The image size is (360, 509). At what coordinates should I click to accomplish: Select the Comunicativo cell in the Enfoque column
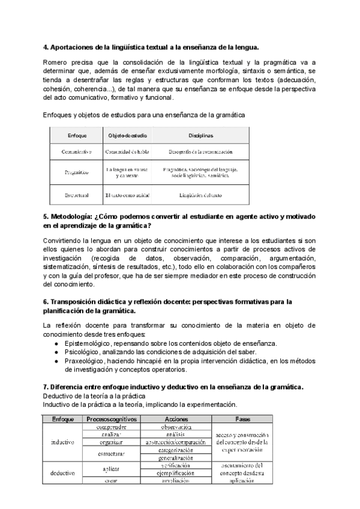76,152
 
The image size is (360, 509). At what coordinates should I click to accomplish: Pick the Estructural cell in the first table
76,194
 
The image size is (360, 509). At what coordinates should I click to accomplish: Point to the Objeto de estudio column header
127,136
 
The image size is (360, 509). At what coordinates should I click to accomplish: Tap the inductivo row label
62,442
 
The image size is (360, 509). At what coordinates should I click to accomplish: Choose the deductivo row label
62,472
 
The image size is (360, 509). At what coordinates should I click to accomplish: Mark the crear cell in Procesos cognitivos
112,480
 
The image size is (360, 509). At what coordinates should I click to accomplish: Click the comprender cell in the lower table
112,426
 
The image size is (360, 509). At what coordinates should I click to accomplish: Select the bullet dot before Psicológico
56,352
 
